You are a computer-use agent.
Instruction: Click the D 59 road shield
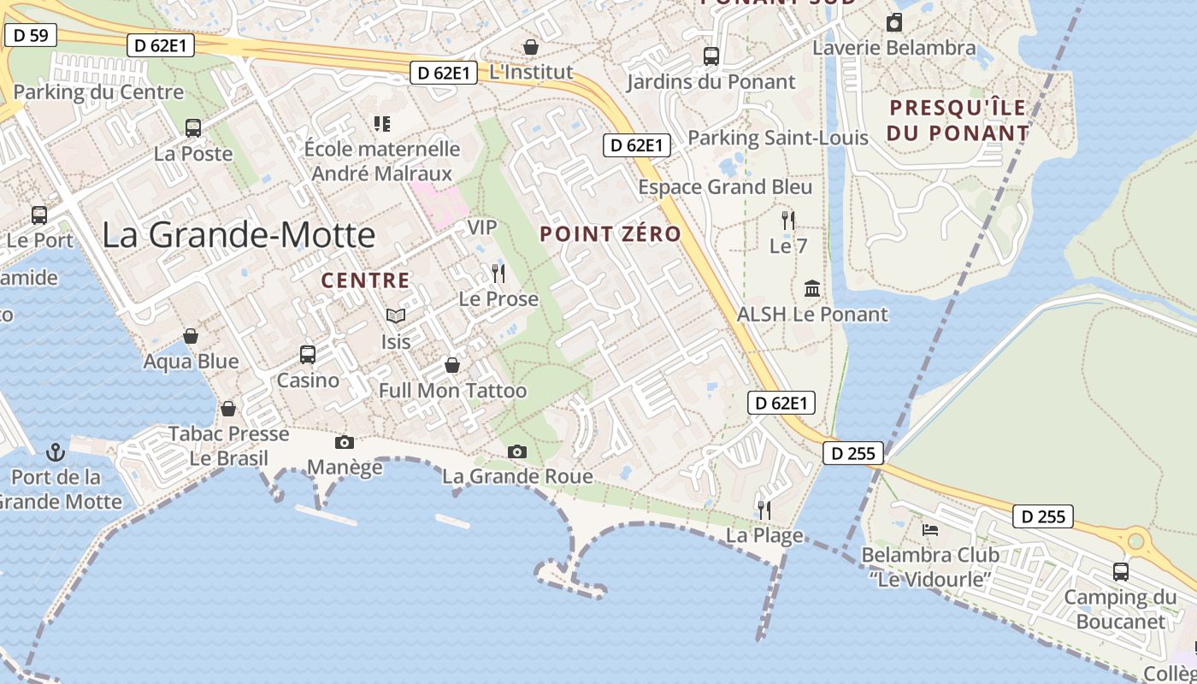(x=32, y=35)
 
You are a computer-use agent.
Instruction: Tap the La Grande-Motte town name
(x=239, y=235)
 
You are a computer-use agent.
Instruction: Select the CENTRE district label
(x=365, y=280)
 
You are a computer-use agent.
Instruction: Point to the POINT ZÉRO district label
(x=610, y=233)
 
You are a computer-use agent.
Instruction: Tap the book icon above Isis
(x=395, y=316)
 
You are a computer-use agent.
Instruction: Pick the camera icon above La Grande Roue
(x=516, y=451)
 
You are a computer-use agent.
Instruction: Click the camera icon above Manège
(x=345, y=441)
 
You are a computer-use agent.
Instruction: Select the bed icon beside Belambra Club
(x=930, y=530)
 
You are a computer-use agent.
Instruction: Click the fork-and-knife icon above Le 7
(x=788, y=221)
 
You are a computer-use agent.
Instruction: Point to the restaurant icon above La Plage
(x=764, y=510)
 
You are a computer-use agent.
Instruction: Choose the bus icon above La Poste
(x=193, y=128)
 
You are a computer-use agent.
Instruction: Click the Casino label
(x=308, y=380)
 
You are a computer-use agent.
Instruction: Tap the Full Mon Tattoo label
(x=453, y=391)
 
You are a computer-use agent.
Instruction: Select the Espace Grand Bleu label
(x=725, y=186)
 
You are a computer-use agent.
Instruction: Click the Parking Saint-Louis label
(x=777, y=137)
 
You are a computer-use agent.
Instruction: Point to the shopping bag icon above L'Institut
(x=531, y=47)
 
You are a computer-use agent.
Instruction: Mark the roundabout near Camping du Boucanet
(x=1135, y=540)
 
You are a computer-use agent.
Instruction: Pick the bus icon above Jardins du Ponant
(x=711, y=56)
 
